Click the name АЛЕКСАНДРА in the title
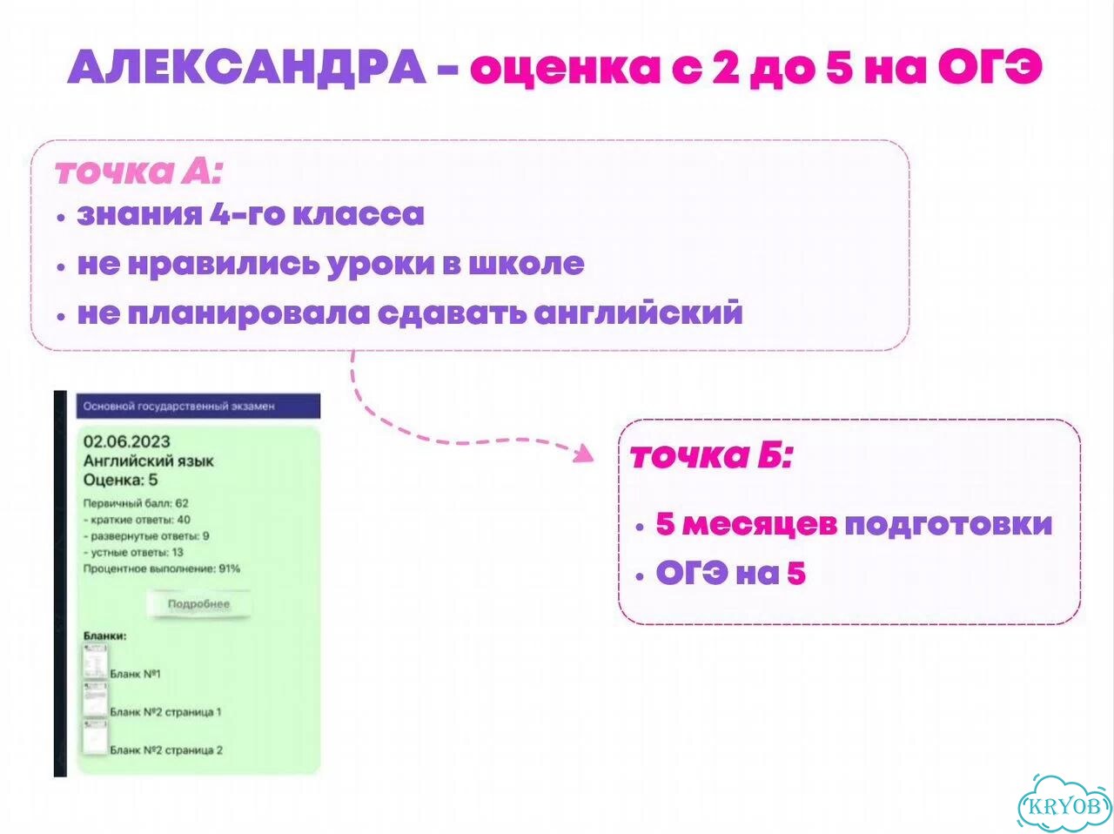(246, 68)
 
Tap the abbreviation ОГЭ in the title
(990, 67)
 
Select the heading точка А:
(138, 172)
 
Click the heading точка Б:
(710, 455)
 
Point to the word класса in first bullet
(359, 213)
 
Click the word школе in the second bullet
(527, 264)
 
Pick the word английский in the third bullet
(639, 313)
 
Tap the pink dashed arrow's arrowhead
(584, 454)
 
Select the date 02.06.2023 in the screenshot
(127, 441)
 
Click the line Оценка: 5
(120, 481)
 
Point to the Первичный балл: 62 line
(136, 503)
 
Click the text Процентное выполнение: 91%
(161, 568)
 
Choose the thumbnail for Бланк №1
(96, 662)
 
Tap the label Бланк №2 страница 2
(166, 750)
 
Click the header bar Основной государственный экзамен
(198, 406)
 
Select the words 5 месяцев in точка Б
(746, 523)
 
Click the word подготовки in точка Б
(948, 524)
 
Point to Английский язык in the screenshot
(148, 461)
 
